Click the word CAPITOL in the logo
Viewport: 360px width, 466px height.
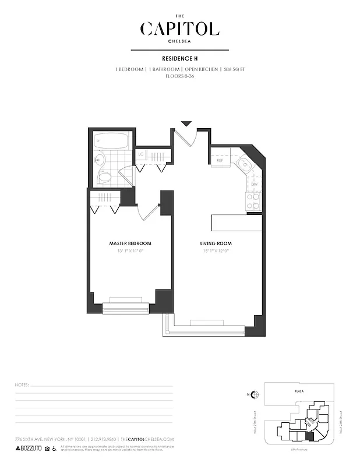[x=180, y=29]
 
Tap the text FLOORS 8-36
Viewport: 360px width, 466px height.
[x=180, y=76]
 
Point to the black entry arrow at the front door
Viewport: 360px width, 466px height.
[x=186, y=123]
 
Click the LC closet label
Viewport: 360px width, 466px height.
[x=141, y=154]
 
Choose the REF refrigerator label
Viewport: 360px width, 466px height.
[x=220, y=160]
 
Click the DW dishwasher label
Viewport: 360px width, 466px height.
[x=254, y=185]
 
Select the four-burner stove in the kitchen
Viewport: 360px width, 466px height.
[x=253, y=202]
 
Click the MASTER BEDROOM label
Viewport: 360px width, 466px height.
[x=130, y=243]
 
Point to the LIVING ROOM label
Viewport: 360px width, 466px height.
[x=216, y=243]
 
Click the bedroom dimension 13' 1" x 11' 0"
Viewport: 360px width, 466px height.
[x=130, y=250]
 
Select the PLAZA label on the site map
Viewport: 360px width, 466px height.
[x=299, y=392]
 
